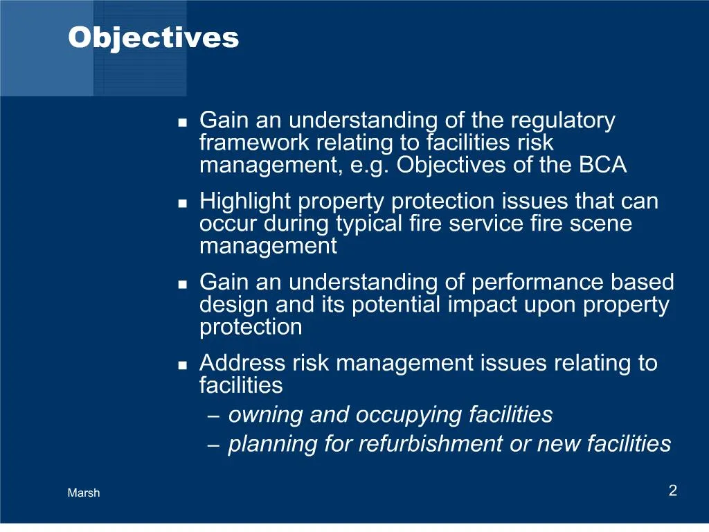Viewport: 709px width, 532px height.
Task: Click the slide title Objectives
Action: (x=153, y=37)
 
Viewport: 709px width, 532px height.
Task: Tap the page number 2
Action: (x=672, y=491)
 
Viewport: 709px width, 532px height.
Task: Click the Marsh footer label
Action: (x=84, y=493)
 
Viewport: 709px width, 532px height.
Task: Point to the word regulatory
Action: (x=562, y=121)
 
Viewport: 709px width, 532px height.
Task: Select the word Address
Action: (x=241, y=363)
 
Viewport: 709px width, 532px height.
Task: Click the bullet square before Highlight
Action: (x=183, y=204)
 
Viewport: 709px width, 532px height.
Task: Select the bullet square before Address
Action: (x=183, y=365)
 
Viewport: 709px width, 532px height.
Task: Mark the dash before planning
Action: (x=215, y=445)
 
